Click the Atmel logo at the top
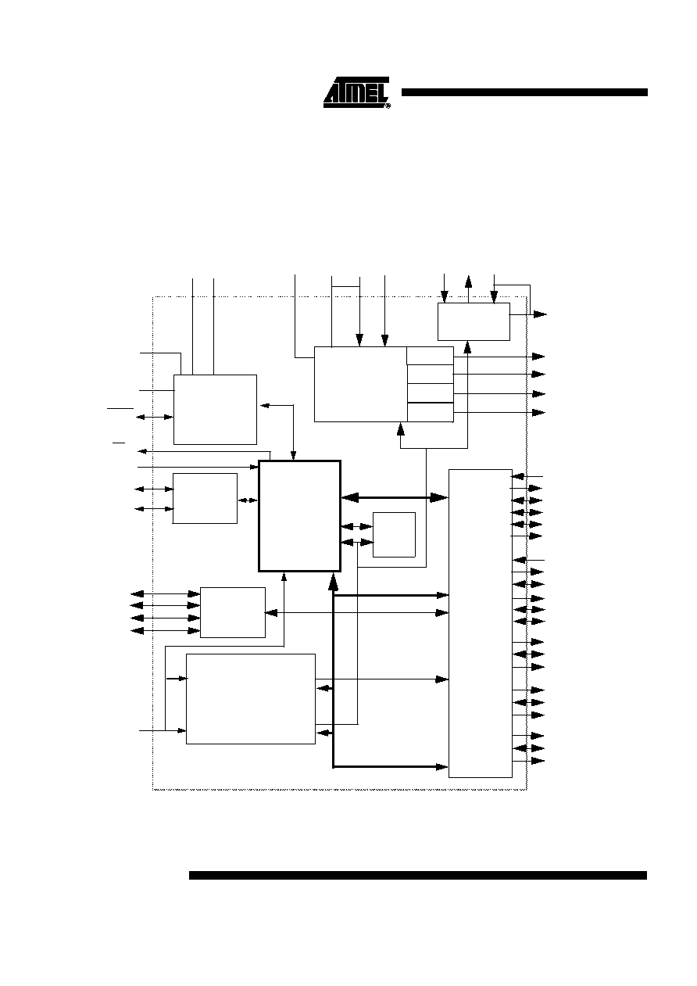pyautogui.click(x=356, y=92)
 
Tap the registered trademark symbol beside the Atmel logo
pyautogui.click(x=388, y=106)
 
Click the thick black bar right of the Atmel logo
pyautogui.click(x=524, y=92)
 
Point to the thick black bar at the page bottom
pyautogui.click(x=418, y=875)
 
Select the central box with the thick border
pyautogui.click(x=299, y=516)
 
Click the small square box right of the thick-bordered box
pyautogui.click(x=394, y=534)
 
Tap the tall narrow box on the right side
pyautogui.click(x=481, y=623)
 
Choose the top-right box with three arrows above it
pyautogui.click(x=474, y=321)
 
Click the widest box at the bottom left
pyautogui.click(x=251, y=699)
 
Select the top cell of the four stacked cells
pyautogui.click(x=430, y=356)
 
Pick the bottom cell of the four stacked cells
pyautogui.click(x=430, y=412)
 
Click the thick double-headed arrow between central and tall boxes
pyautogui.click(x=395, y=498)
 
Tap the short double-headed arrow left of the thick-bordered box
pyautogui.click(x=248, y=500)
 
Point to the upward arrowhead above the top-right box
pyautogui.click(x=468, y=281)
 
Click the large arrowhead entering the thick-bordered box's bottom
pyautogui.click(x=334, y=582)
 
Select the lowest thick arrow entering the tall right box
pyautogui.click(x=391, y=767)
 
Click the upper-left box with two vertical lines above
pyautogui.click(x=215, y=410)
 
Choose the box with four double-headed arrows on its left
pyautogui.click(x=233, y=612)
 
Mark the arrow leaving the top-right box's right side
pyautogui.click(x=528, y=314)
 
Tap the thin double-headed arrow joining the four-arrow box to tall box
pyautogui.click(x=356, y=613)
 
